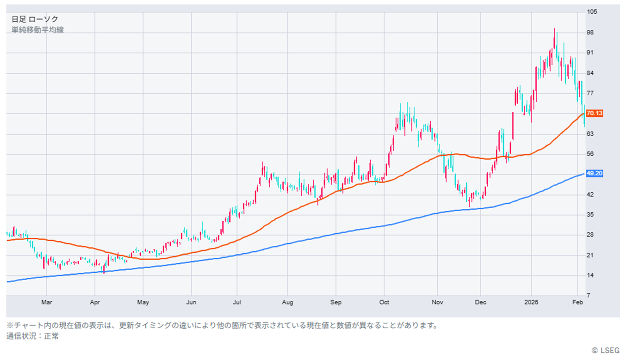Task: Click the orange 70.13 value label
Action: [594, 113]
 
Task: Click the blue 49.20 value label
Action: [594, 174]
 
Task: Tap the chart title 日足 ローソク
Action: [35, 19]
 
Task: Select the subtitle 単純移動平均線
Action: [38, 30]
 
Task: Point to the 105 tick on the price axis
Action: [592, 12]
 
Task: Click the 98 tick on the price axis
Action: [590, 32]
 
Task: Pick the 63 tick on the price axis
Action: [590, 134]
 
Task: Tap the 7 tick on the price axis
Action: [589, 295]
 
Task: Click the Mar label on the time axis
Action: [46, 302]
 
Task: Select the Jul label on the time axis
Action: [237, 302]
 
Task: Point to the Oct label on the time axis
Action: [384, 302]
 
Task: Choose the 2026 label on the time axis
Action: [531, 302]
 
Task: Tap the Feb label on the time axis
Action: [577, 302]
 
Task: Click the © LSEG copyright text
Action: [606, 350]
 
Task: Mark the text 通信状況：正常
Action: [32, 336]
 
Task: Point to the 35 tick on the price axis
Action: [590, 215]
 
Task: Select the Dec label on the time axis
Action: [481, 302]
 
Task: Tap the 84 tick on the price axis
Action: [590, 73]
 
